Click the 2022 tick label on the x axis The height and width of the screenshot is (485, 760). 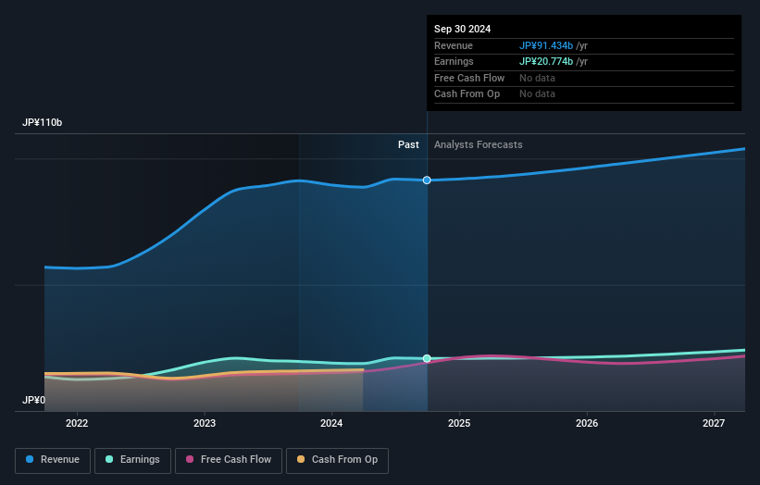77,424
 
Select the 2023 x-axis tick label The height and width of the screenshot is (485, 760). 205,424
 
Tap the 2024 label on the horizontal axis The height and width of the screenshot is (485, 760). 331,424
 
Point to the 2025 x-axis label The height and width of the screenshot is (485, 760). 459,424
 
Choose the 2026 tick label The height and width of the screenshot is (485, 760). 586,424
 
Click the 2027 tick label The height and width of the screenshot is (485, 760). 714,424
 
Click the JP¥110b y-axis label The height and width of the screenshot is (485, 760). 43,123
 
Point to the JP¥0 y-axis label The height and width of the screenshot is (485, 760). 33,401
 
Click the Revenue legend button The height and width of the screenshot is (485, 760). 53,460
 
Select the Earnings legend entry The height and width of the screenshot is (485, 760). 131,460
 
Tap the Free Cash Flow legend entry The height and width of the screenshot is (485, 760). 228,460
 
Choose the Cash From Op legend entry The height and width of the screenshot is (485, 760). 337,460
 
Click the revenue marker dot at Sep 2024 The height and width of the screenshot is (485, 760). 427,180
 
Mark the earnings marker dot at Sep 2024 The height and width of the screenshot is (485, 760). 427,358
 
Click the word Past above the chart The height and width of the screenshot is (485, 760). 408,145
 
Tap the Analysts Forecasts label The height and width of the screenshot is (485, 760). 478,145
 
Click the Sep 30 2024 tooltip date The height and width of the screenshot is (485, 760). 462,29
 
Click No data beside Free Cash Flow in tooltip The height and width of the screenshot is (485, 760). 537,78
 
